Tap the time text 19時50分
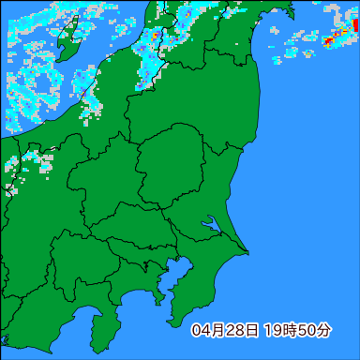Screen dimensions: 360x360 [297, 330]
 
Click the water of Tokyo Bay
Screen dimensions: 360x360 [178, 274]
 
